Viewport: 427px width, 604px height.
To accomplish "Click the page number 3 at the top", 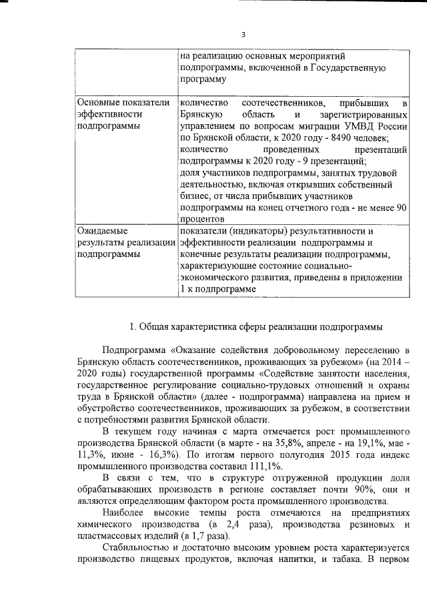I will tap(243, 35).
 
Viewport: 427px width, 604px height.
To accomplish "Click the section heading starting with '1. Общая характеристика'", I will tap(256, 326).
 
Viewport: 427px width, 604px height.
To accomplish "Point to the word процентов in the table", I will tap(201, 219).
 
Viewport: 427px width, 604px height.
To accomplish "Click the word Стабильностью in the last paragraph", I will tap(136, 552).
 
